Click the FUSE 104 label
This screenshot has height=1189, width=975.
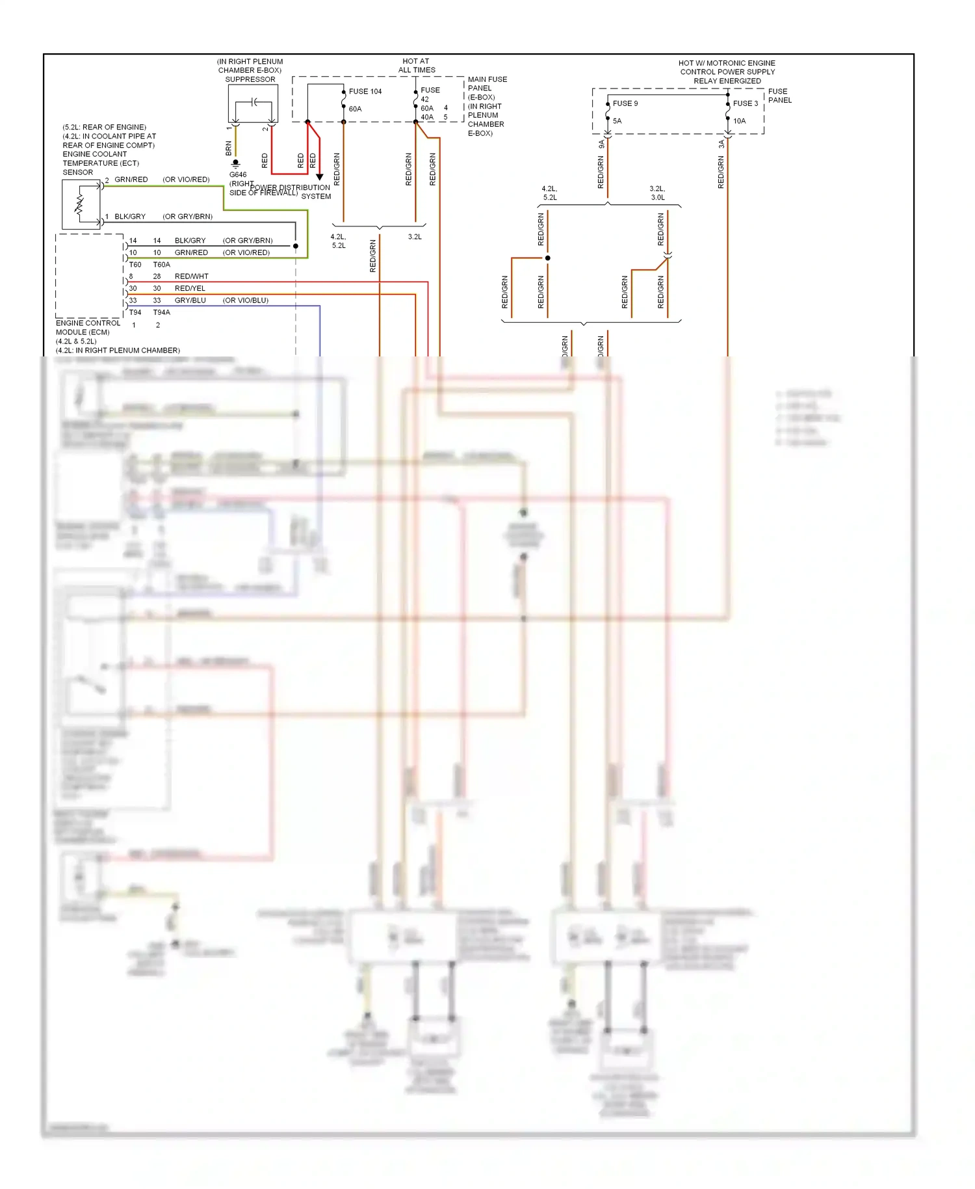pyautogui.click(x=365, y=92)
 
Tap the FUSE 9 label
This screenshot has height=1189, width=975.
pyautogui.click(x=625, y=103)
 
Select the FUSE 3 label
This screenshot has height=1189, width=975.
pyautogui.click(x=746, y=103)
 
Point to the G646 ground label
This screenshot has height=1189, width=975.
pyautogui.click(x=238, y=175)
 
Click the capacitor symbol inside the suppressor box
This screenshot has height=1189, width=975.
pyautogui.click(x=255, y=102)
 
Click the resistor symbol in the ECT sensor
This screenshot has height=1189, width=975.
pyautogui.click(x=79, y=204)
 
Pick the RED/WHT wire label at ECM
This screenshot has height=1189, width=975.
pyautogui.click(x=192, y=276)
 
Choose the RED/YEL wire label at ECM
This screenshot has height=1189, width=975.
pyautogui.click(x=190, y=288)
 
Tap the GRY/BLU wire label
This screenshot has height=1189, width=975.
pyautogui.click(x=190, y=301)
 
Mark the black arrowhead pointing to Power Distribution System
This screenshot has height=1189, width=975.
pyautogui.click(x=319, y=177)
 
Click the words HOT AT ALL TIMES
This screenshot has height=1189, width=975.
pyautogui.click(x=417, y=66)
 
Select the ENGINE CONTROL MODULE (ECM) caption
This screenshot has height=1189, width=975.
pyautogui.click(x=88, y=328)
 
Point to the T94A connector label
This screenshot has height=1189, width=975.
pyautogui.click(x=161, y=312)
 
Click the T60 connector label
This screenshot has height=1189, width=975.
pyautogui.click(x=135, y=265)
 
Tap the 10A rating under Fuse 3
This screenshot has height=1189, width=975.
pyautogui.click(x=740, y=121)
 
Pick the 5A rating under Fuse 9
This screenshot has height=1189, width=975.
pyautogui.click(x=617, y=121)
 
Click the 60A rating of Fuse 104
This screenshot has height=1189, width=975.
pyautogui.click(x=355, y=109)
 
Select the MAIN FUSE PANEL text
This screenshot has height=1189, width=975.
pyautogui.click(x=487, y=84)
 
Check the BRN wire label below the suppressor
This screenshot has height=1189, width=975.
pyautogui.click(x=229, y=149)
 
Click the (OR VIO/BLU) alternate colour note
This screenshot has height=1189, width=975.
pyautogui.click(x=245, y=301)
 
